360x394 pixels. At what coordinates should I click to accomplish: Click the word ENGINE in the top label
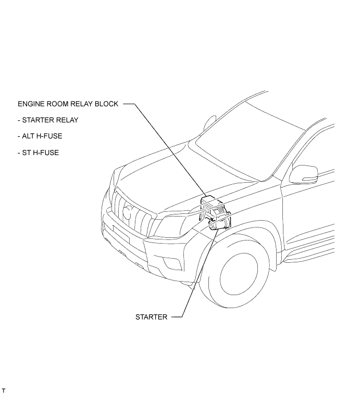[x=31, y=104]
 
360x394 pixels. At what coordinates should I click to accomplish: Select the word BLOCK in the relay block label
[x=107, y=104]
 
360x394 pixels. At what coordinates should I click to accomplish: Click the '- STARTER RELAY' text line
[x=47, y=120]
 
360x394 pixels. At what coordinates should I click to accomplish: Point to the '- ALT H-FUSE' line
[x=40, y=136]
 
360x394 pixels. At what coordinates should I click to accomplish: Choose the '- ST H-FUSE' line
[x=38, y=153]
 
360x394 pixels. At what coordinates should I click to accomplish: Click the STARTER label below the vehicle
[x=151, y=317]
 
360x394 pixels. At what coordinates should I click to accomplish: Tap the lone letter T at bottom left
[x=4, y=390]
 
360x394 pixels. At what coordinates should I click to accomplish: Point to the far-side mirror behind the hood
[x=209, y=122]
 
